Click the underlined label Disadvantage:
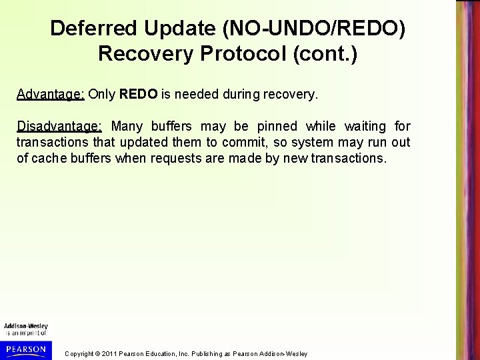[59, 126]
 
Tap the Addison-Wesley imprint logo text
[25, 326]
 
